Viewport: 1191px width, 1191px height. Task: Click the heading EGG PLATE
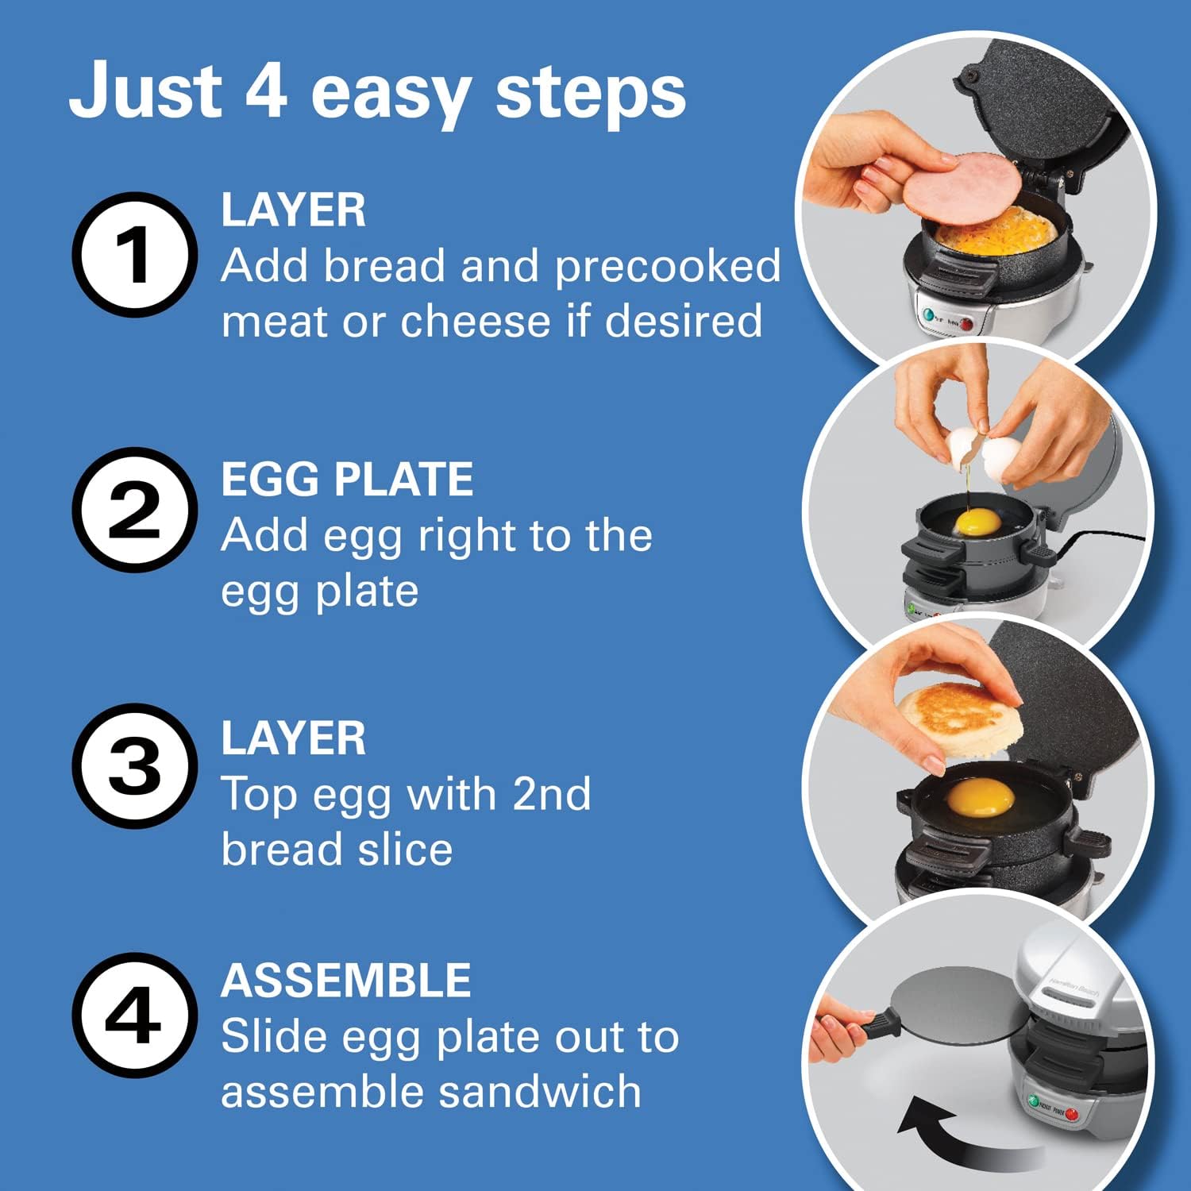[347, 480]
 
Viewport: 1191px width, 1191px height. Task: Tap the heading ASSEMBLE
[345, 981]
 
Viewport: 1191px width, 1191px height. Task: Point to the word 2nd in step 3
[552, 794]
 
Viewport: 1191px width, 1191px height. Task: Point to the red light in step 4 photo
[1072, 1115]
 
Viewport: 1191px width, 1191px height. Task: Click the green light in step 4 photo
[1033, 1102]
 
